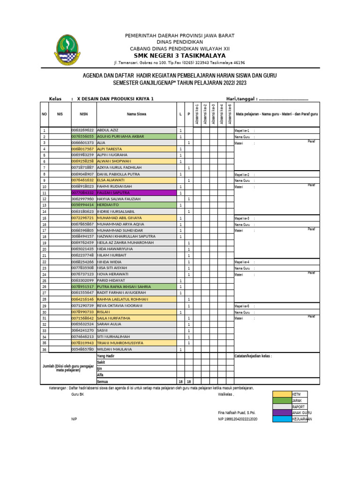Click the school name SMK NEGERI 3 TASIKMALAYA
pyautogui.click(x=180, y=56)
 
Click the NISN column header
pyautogui.click(x=83, y=114)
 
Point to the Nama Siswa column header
pyautogui.click(x=136, y=114)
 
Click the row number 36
pyautogui.click(x=44, y=350)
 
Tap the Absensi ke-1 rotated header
pyautogui.click(x=197, y=114)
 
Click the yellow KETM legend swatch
pyautogui.click(x=282, y=394)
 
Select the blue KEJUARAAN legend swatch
pyautogui.click(x=282, y=419)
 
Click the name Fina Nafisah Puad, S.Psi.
pyautogui.click(x=236, y=412)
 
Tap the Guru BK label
pyautogui.click(x=78, y=395)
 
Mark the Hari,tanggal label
pyautogui.click(x=241, y=99)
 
